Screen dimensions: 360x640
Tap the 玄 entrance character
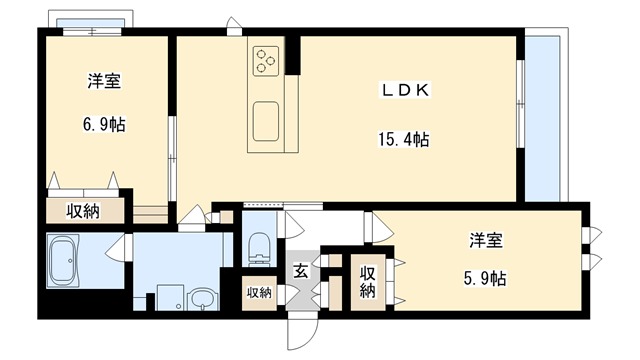300,270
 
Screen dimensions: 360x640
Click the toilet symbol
259,244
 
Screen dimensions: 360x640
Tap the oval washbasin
203,300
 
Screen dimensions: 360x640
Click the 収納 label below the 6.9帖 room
83,211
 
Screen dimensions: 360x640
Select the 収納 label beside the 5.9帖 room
367,281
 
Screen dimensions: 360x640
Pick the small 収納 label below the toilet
259,293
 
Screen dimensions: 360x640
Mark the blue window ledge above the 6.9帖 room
90,23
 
